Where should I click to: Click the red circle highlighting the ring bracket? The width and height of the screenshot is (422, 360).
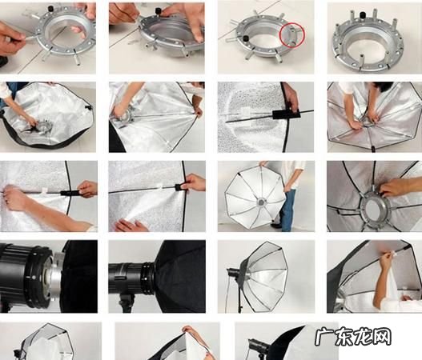[291, 35]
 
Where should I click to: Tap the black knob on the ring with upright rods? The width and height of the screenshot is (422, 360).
[363, 14]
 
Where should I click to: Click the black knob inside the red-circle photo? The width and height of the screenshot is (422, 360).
[245, 38]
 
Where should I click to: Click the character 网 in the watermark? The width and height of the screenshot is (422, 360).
[382, 336]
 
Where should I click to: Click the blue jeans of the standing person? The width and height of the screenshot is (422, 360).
[287, 209]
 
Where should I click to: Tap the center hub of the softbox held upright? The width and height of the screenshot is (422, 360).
[261, 202]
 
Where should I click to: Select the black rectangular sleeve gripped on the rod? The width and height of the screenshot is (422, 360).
[286, 115]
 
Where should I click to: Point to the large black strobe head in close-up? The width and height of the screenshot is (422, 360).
[29, 275]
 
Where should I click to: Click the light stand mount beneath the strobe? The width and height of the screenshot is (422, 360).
[127, 303]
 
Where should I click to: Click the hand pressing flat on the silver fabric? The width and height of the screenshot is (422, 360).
[131, 226]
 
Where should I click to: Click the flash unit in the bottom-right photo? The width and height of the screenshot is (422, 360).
[258, 345]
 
